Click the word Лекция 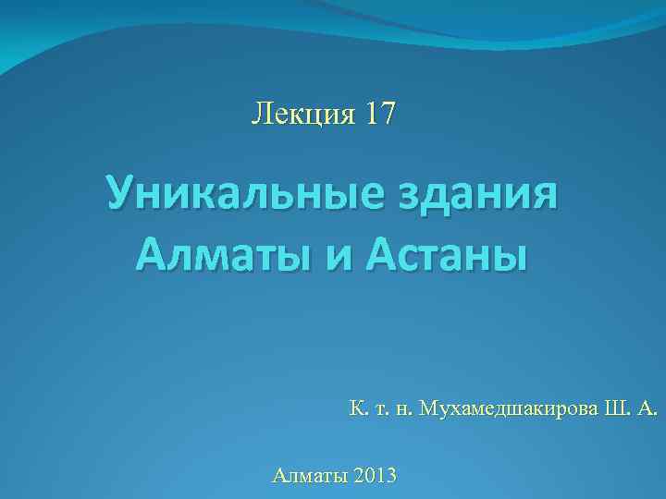(x=303, y=115)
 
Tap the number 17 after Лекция (x=381, y=115)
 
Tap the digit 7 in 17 (x=388, y=115)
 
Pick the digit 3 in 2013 (x=391, y=476)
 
